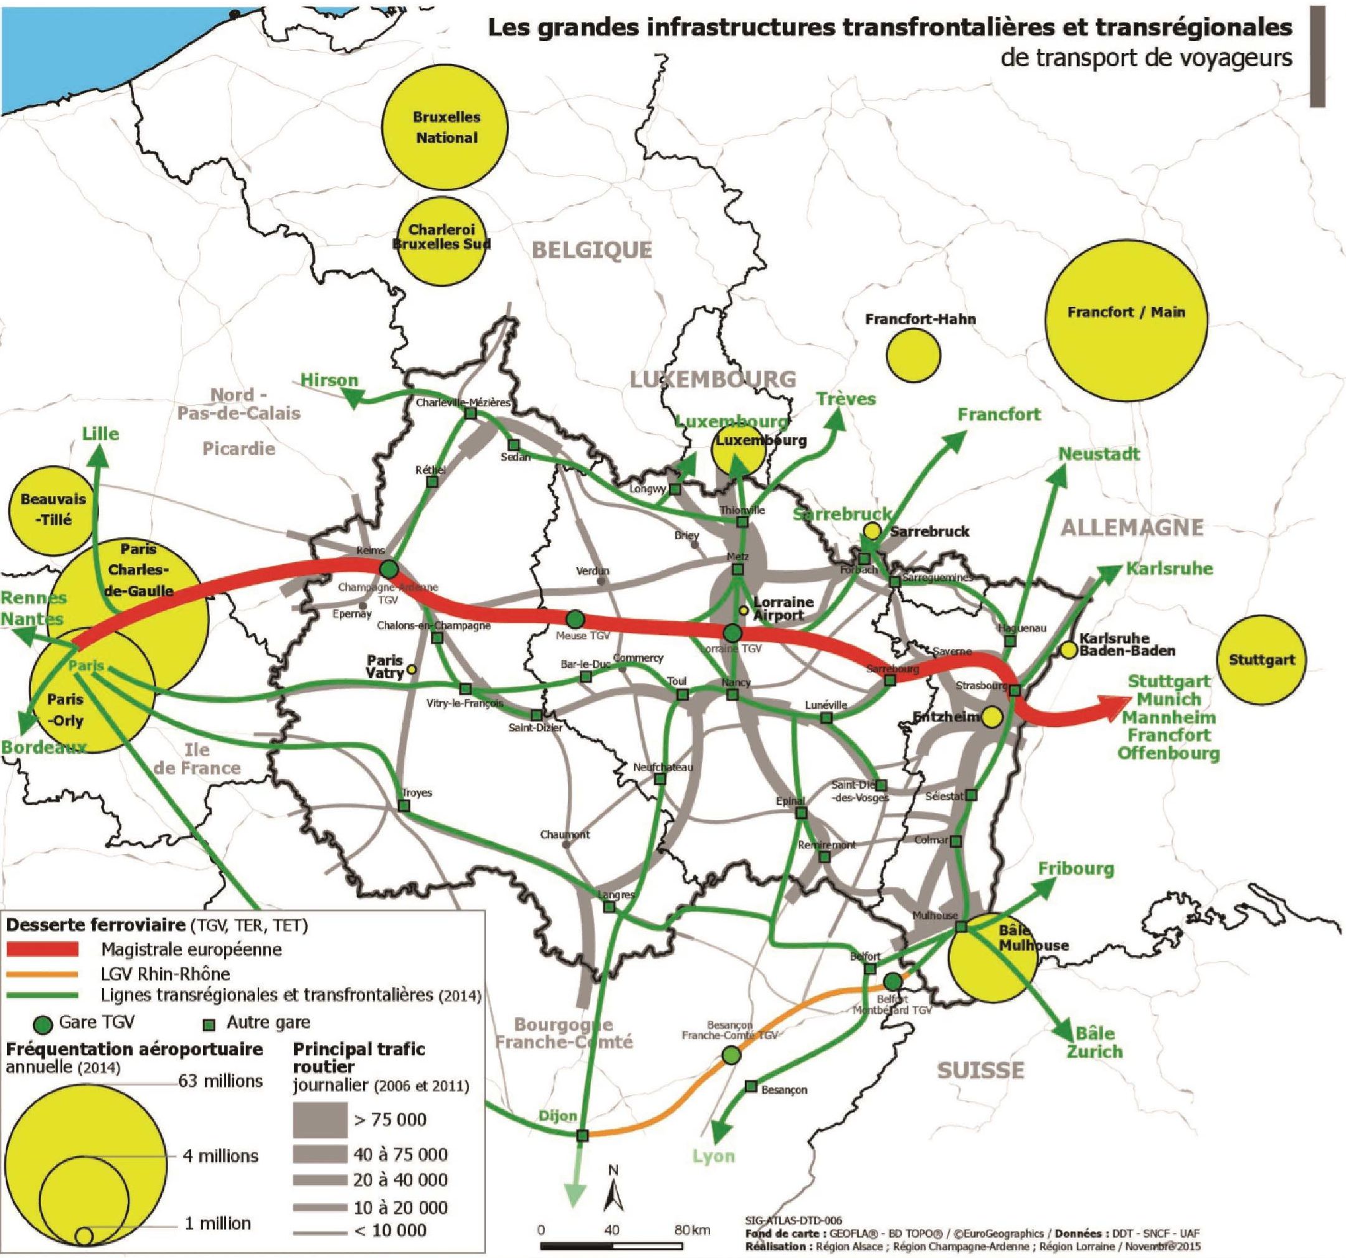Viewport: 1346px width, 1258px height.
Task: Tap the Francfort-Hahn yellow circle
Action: [x=913, y=355]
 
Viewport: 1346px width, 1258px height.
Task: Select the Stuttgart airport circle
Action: [x=1261, y=660]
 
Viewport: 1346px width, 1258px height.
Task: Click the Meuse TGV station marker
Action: [x=575, y=619]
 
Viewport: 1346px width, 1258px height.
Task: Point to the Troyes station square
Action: [x=404, y=806]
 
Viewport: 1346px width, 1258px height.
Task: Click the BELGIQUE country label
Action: [x=592, y=250]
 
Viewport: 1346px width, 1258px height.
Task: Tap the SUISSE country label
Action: [x=980, y=1070]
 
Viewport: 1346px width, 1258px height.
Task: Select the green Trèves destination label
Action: [x=846, y=399]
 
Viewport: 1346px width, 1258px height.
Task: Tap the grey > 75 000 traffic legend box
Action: [x=320, y=1119]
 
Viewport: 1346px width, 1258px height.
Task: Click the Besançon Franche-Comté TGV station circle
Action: [x=731, y=1054]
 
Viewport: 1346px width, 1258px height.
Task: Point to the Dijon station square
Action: [x=582, y=1135]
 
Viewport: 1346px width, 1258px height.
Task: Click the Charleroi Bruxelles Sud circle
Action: [x=442, y=238]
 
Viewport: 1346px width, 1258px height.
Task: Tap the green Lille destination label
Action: [x=101, y=434]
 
